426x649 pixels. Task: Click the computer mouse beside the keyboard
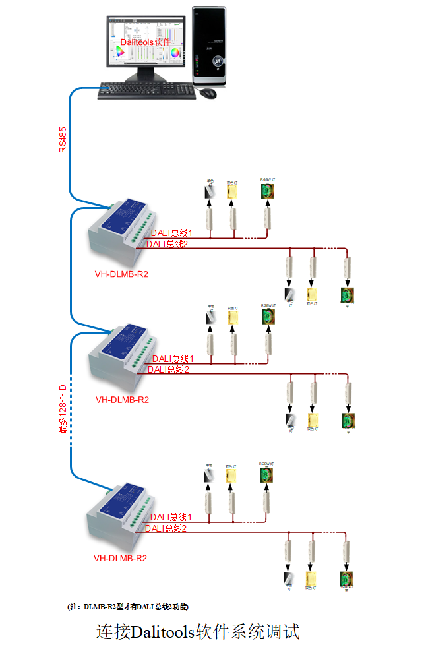208,93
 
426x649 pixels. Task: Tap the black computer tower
209,46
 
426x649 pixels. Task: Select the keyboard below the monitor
146,91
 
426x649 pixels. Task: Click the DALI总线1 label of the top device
171,233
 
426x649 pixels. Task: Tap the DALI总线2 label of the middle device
168,369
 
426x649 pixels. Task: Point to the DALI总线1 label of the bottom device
171,517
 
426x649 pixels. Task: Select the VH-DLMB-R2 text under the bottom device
120,558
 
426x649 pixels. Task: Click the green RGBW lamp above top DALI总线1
267,191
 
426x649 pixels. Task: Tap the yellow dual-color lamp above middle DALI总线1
233,317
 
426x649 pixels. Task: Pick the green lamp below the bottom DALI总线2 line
345,578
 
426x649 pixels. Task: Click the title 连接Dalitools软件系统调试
198,632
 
